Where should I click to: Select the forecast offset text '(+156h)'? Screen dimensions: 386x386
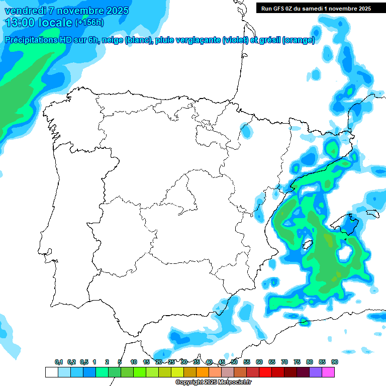[x=89, y=23]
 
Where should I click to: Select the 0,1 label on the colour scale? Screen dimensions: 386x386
[x=58, y=362]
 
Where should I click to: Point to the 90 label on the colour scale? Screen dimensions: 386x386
[x=334, y=362]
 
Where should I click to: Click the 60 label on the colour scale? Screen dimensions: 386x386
[x=259, y=362]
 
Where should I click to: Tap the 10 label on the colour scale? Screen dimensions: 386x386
[x=134, y=362]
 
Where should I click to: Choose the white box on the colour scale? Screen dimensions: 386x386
[x=51, y=372]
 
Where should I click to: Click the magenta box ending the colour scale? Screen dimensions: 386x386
[x=328, y=372]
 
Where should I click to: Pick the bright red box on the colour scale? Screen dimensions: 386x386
[x=265, y=372]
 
